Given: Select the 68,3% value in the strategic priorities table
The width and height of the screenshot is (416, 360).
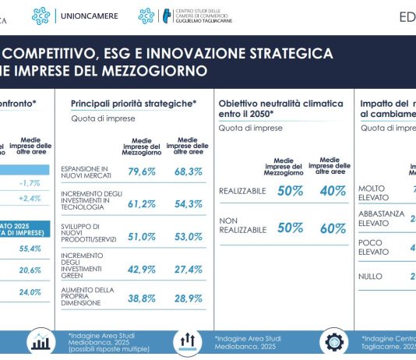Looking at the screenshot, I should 187,171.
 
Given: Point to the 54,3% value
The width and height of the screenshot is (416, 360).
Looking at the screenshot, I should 187,203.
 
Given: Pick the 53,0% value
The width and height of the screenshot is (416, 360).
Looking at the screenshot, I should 187,237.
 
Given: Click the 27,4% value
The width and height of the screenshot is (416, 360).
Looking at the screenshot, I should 187,269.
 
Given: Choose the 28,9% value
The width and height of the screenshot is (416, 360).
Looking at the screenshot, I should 187,299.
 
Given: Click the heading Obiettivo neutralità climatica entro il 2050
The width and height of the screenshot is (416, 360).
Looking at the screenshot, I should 280,108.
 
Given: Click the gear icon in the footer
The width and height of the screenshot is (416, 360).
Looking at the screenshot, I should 334,341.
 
